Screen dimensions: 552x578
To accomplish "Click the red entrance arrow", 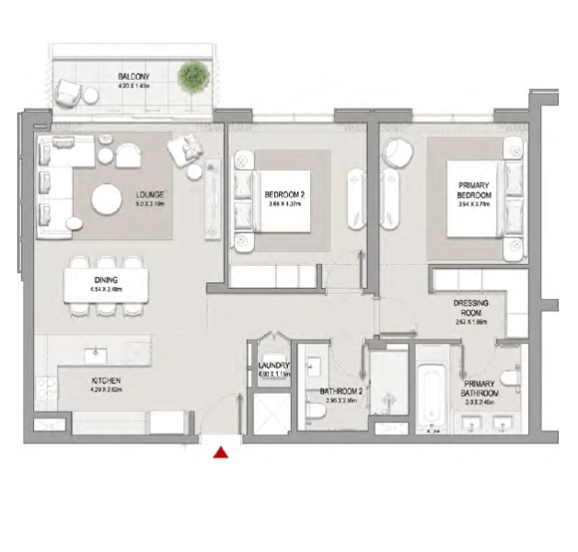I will [x=221, y=451].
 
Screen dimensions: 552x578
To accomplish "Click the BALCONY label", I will [x=134, y=76].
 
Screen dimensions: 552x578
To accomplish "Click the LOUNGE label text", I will [x=149, y=195].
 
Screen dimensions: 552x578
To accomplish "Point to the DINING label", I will [x=106, y=280].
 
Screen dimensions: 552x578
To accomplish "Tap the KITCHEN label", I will [x=107, y=381].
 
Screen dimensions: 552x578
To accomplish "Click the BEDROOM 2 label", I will [x=284, y=195].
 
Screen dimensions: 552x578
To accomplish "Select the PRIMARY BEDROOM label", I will [x=474, y=190].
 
